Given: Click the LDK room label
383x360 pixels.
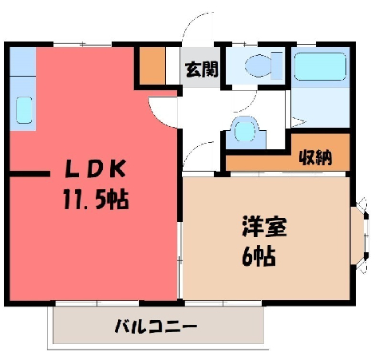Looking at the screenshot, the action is [95, 169].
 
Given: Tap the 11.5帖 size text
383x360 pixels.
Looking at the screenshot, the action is [96, 200].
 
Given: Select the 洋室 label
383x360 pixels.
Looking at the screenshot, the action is [264, 227].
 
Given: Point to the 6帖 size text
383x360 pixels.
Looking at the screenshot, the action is [259, 256].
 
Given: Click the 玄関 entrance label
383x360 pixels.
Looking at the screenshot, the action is [202, 69].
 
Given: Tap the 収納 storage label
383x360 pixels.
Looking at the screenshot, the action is [316, 157].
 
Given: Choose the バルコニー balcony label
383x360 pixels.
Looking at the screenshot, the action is [156, 326].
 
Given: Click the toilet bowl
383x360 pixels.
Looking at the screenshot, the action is [258, 65].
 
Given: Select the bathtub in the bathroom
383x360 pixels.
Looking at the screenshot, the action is [320, 67].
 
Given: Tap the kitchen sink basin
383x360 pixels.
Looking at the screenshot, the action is [24, 110].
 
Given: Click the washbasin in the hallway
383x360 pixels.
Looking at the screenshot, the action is [245, 132].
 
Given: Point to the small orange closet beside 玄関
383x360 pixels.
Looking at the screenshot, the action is [152, 65].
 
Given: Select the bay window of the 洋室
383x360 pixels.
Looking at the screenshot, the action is [360, 235].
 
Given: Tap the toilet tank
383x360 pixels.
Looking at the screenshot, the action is [277, 65].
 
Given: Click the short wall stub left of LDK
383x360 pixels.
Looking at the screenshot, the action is [30, 174].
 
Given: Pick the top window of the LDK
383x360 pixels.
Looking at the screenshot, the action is [82, 44].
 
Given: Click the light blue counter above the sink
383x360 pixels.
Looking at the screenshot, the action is [23, 61].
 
